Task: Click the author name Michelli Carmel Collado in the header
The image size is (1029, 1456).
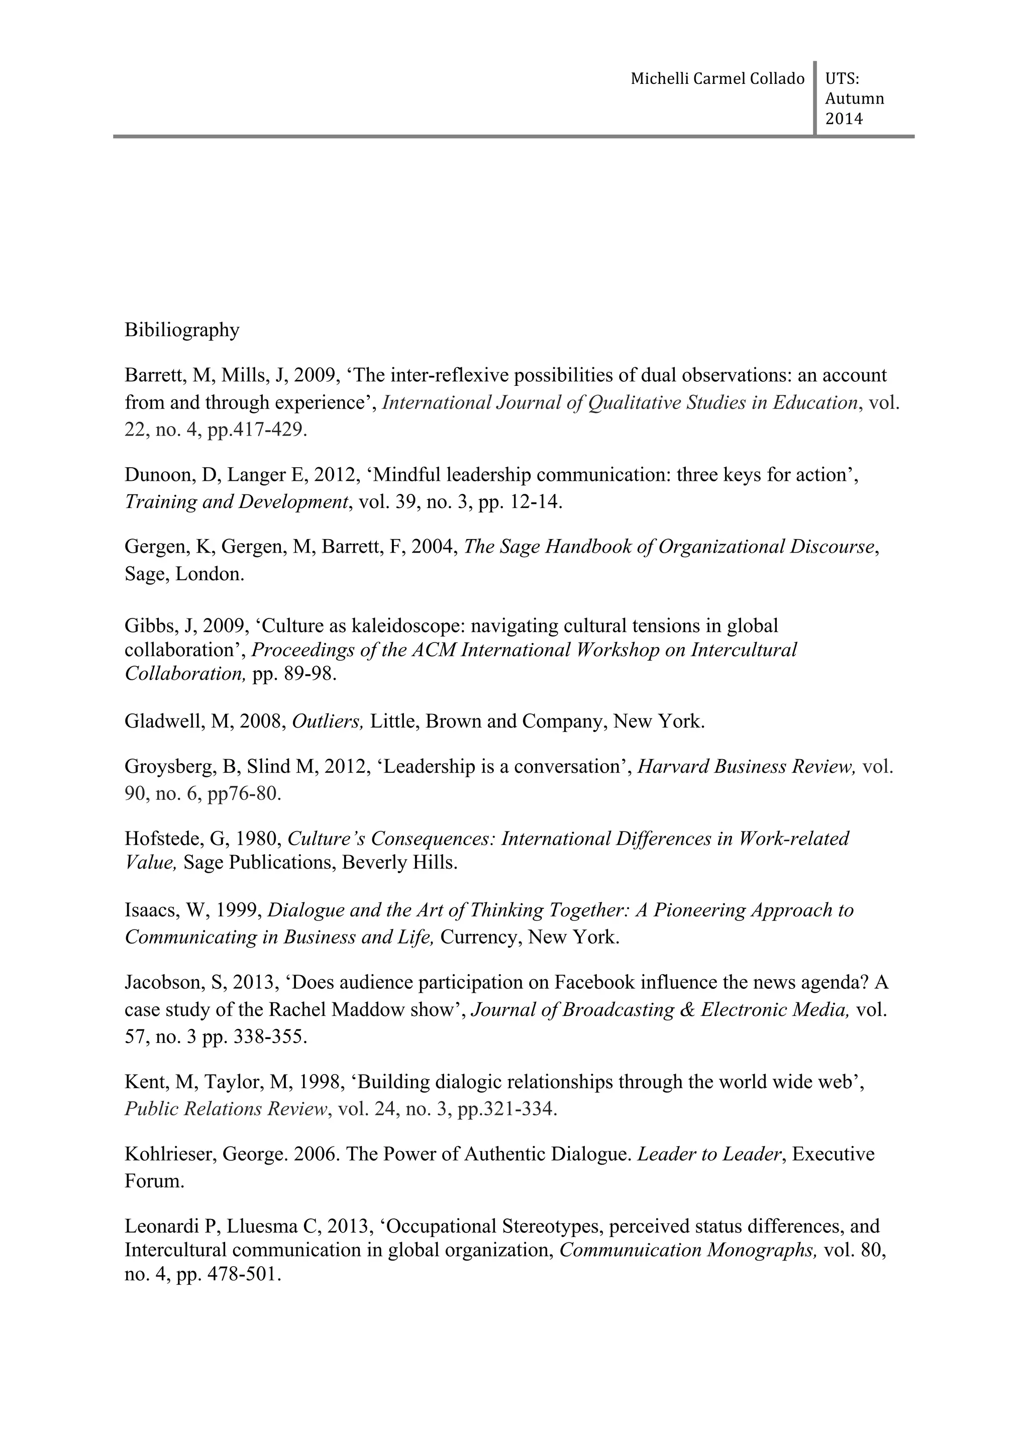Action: [717, 79]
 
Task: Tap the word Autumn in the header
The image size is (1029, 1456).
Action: [854, 99]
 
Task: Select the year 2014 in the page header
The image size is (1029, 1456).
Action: [844, 119]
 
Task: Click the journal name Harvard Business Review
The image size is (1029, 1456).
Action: [746, 767]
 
